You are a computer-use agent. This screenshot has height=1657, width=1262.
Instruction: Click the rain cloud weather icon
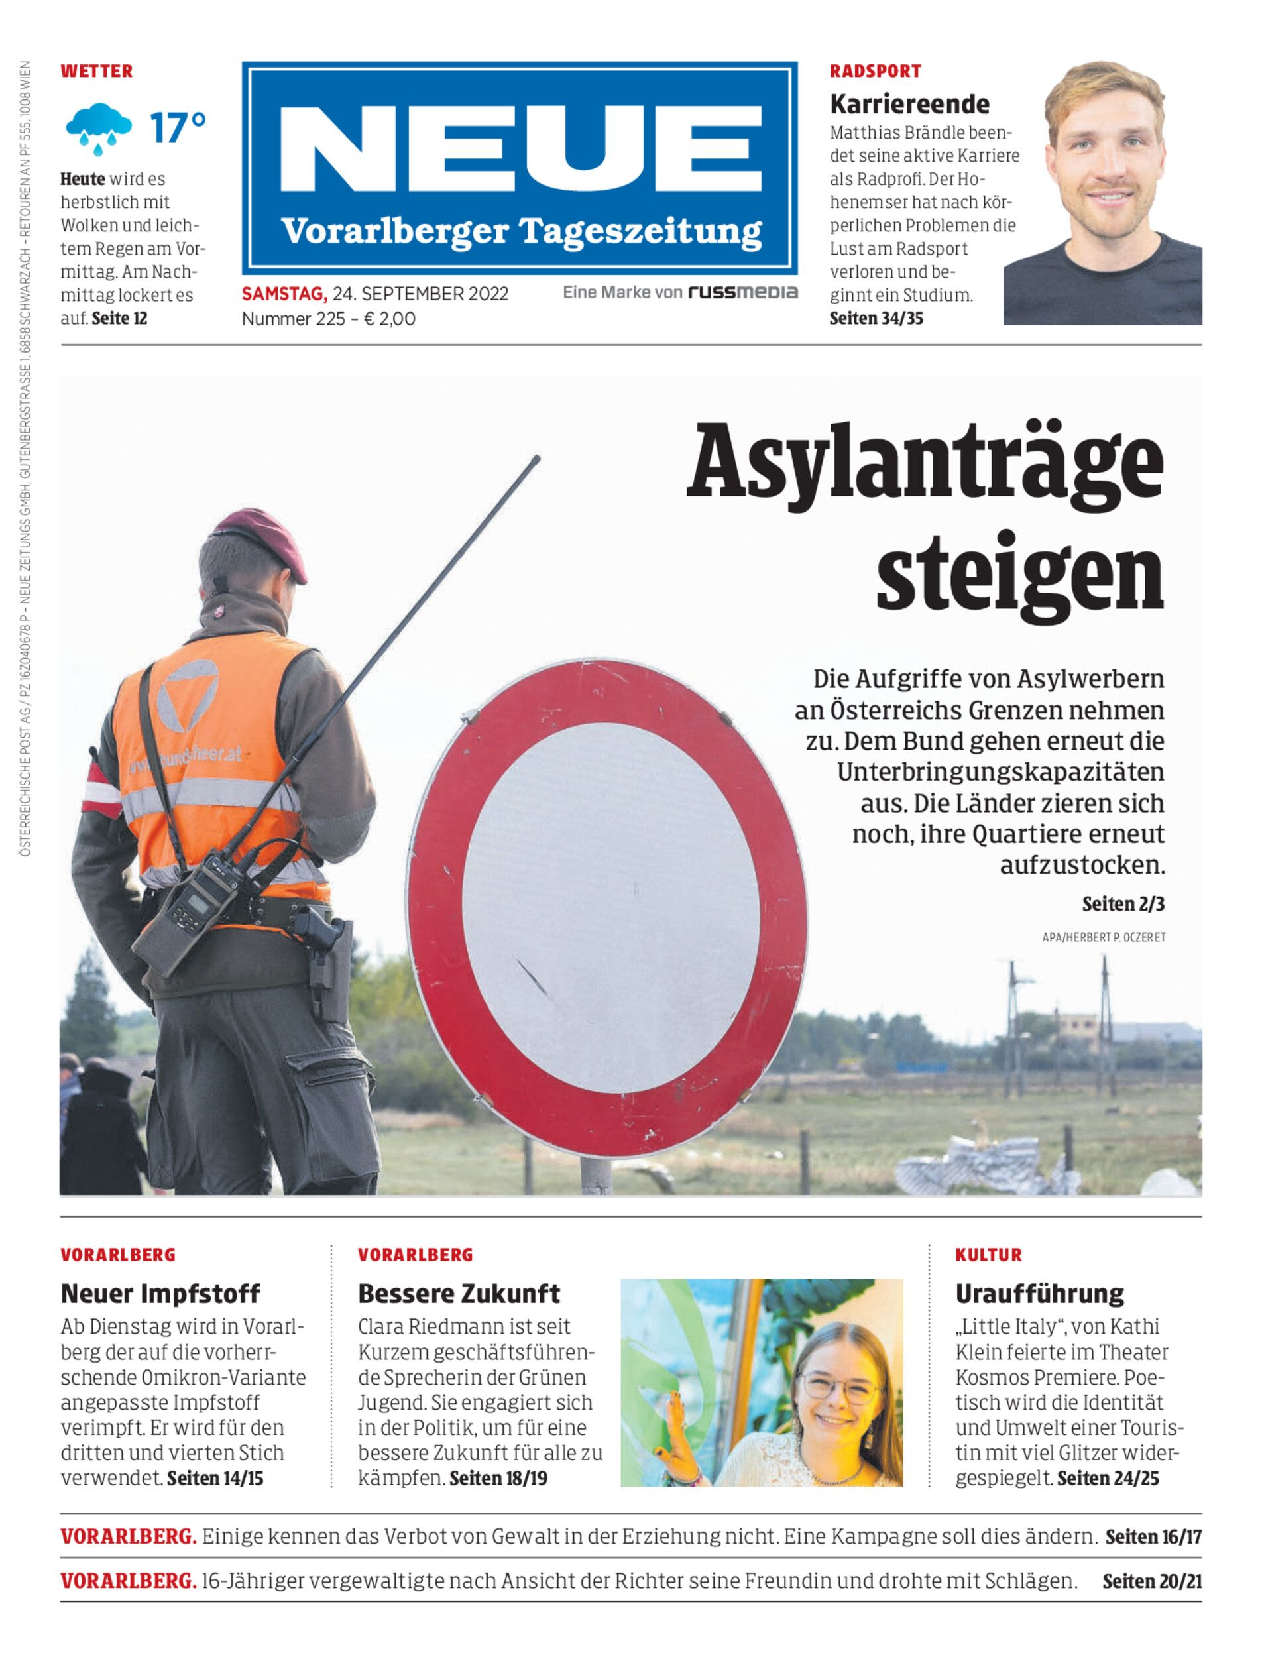click(98, 128)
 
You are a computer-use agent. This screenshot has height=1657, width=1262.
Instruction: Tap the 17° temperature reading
click(177, 128)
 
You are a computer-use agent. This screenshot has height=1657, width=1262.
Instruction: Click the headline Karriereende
click(909, 103)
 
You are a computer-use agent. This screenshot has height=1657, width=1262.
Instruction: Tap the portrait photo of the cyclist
click(1103, 194)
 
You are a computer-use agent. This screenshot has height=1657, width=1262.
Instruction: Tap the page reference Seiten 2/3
click(1122, 903)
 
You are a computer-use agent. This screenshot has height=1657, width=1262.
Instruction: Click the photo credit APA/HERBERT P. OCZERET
click(1103, 937)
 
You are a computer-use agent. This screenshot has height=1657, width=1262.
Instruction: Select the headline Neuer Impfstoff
click(160, 1293)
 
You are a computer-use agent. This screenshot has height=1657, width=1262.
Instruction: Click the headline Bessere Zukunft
click(458, 1293)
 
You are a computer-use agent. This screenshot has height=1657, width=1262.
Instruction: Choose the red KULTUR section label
click(988, 1255)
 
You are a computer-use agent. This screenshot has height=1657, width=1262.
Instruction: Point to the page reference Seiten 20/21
click(1151, 1581)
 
